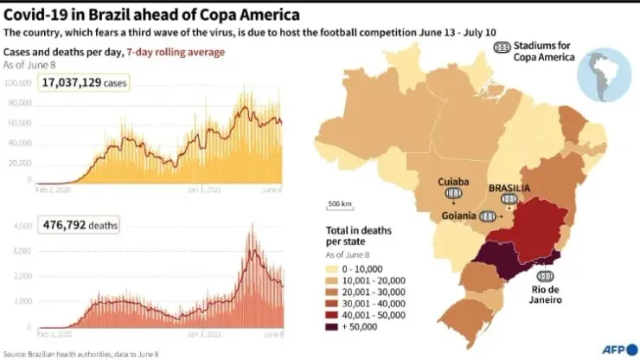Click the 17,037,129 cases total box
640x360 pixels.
pyautogui.click(x=79, y=82)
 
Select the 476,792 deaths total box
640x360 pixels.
pyautogui.click(x=79, y=225)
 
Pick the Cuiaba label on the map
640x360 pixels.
pyautogui.click(x=453, y=182)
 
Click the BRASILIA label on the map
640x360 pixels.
pyautogui.click(x=509, y=187)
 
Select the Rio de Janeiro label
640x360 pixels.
pyautogui.click(x=546, y=294)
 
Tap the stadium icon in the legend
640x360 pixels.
pyautogui.click(x=501, y=48)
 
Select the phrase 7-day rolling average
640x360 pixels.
pyautogui.click(x=176, y=52)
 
